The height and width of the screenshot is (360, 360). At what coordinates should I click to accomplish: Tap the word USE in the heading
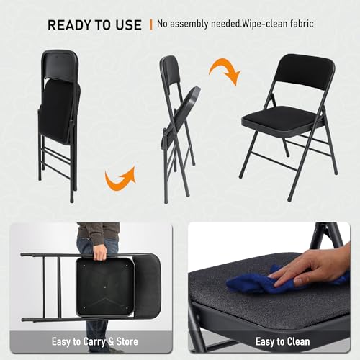[x=129, y=25]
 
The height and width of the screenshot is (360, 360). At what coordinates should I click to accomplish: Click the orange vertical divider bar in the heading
[x=151, y=24]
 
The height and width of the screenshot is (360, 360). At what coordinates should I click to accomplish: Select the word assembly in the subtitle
[x=189, y=24]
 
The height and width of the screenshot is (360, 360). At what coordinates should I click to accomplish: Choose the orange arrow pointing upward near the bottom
[x=120, y=178]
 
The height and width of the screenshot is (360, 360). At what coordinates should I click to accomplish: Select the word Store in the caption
[x=127, y=341]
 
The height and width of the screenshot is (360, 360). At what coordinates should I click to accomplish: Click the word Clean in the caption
[x=297, y=341]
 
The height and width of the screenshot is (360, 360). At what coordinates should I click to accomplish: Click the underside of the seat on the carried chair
[x=105, y=287]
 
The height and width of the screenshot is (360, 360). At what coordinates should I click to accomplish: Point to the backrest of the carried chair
[x=147, y=286]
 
